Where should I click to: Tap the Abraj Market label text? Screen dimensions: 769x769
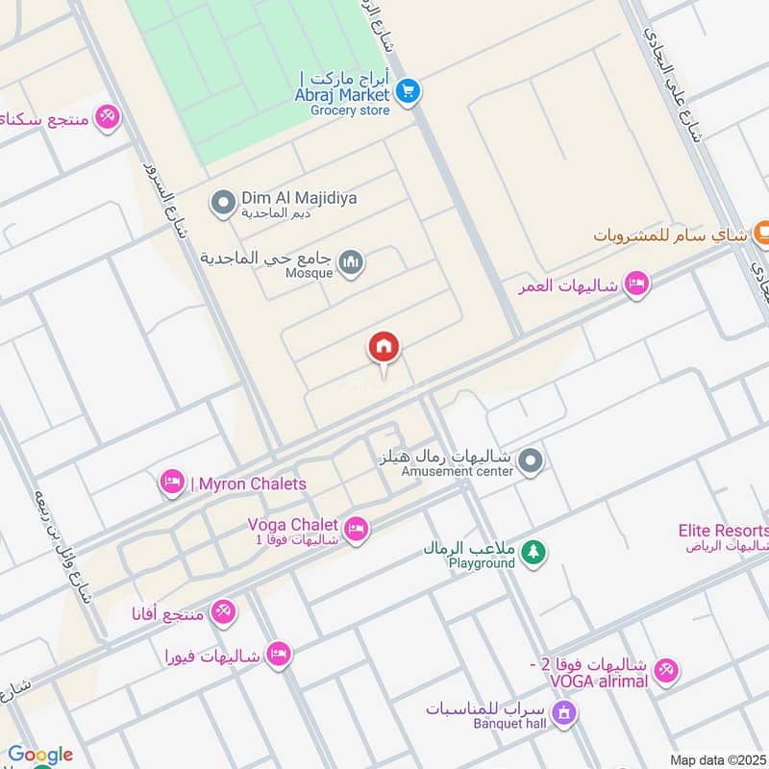342,94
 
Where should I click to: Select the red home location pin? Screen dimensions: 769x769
384,348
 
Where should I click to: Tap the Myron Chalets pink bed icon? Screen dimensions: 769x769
173,483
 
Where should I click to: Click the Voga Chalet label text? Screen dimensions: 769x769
292,525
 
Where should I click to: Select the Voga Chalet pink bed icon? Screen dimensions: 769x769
357,531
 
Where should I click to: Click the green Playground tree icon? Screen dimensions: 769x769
533,552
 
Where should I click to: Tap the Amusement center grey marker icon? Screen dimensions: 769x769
530,462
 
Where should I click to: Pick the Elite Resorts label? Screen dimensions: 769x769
724,531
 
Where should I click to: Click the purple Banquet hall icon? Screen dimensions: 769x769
565,712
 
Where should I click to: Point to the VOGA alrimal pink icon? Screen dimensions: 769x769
665,671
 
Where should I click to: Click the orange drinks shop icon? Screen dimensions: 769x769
759,231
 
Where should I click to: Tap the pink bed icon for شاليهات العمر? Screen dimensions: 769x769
635,284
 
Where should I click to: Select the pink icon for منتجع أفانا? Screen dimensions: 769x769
222,610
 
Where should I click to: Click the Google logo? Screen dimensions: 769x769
39,755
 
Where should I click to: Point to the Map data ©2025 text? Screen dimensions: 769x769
717,759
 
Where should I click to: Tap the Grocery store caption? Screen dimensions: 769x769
350,111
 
